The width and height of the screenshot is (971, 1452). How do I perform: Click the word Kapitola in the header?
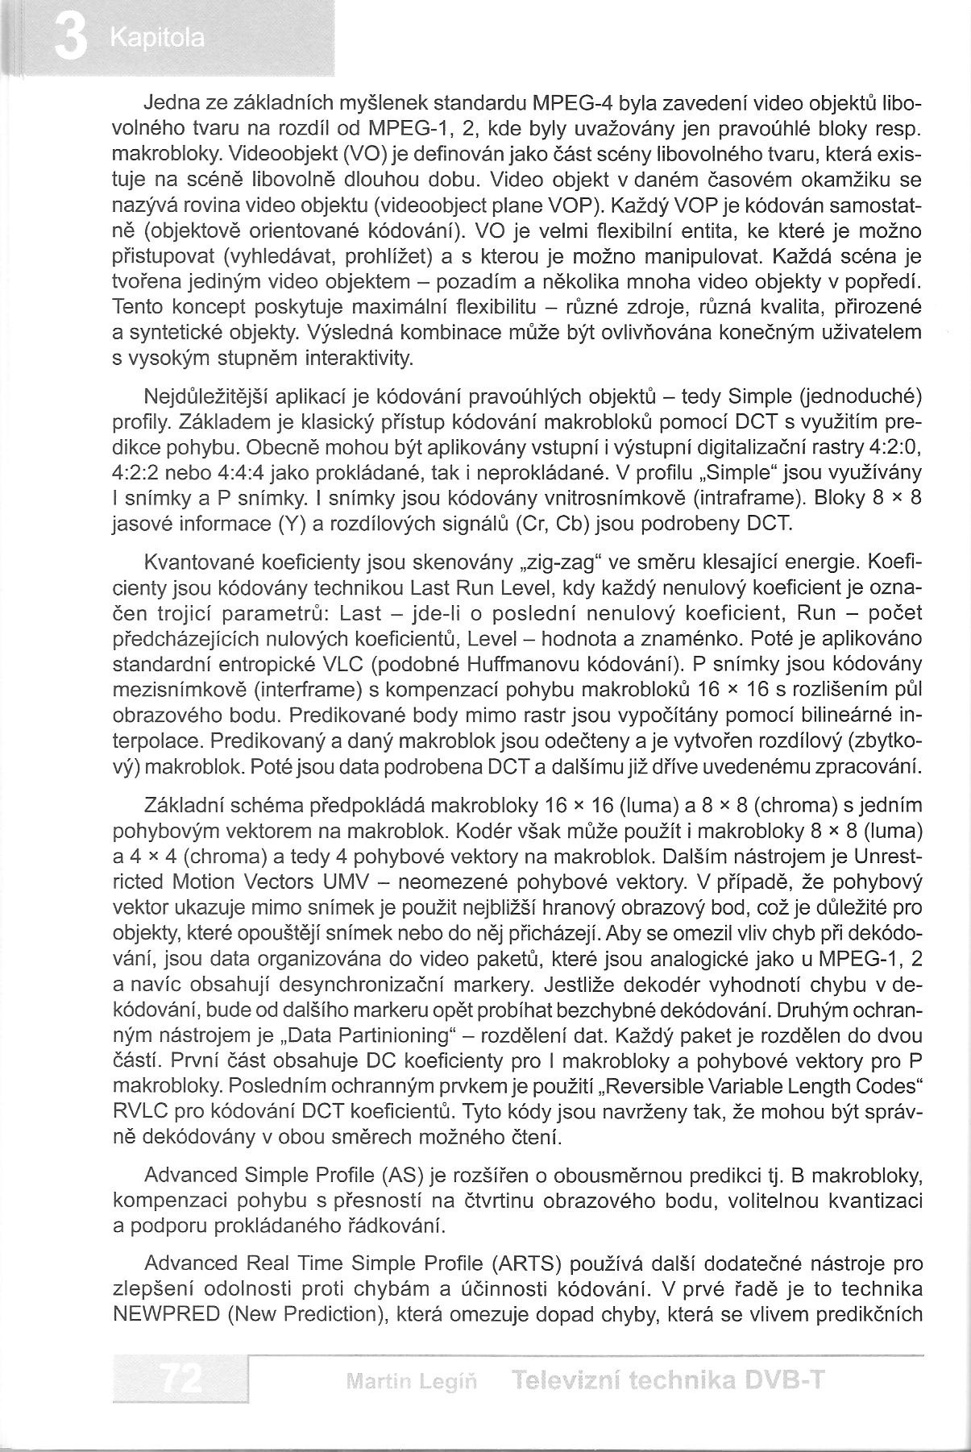pyautogui.click(x=159, y=38)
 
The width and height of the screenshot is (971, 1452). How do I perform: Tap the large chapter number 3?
pyautogui.click(x=71, y=39)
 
